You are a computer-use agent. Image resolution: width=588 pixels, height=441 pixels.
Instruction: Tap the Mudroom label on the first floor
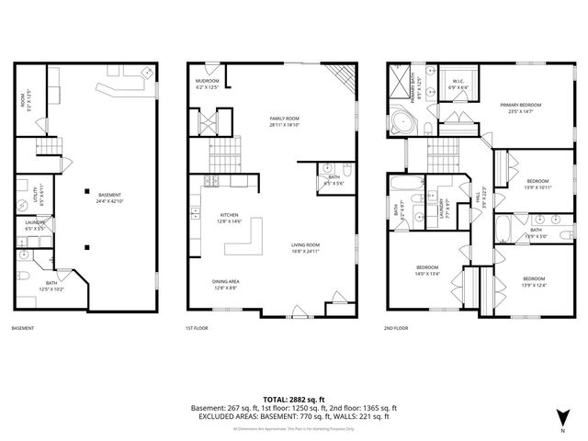[x=208, y=85]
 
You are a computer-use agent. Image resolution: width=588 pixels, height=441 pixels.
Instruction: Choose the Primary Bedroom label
[x=520, y=107]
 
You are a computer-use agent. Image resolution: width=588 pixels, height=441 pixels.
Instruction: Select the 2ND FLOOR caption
[x=398, y=328]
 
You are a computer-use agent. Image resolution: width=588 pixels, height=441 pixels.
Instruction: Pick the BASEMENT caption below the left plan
[x=24, y=328]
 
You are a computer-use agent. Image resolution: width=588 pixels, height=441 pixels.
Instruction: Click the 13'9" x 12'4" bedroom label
[x=534, y=281]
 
